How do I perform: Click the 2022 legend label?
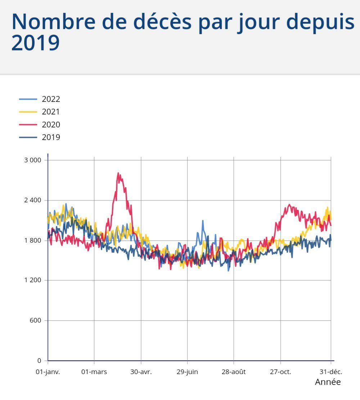(x=51, y=99)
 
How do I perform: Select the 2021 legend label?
(x=51, y=112)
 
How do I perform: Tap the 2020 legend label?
(x=51, y=125)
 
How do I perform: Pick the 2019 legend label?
(x=51, y=137)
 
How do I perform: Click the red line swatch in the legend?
(x=28, y=125)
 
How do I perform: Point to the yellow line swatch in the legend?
(x=28, y=112)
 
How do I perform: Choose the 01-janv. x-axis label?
(x=48, y=372)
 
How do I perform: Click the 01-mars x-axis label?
(x=94, y=372)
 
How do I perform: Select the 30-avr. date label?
(x=141, y=372)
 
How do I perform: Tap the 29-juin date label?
(x=187, y=372)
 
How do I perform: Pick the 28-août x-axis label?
(x=234, y=372)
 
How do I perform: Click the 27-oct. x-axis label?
(x=280, y=372)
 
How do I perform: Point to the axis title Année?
(x=328, y=382)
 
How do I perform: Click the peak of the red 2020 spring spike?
(x=118, y=173)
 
